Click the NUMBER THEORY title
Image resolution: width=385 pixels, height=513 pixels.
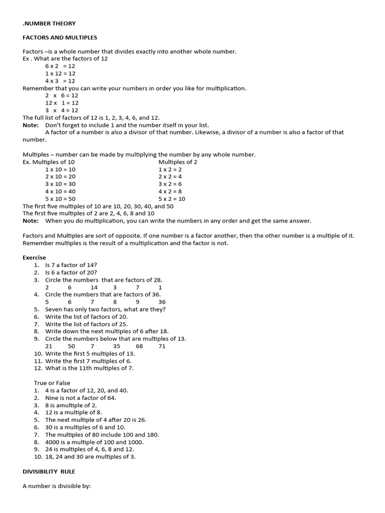pos(49,23)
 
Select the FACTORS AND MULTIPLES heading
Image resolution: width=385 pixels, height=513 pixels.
pos(60,38)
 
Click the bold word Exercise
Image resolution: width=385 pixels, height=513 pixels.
pos(34,258)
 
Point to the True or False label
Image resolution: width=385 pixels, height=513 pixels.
pos(52,383)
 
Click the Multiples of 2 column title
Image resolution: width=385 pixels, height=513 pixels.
pos(178,162)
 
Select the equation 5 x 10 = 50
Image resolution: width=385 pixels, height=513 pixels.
pos(60,198)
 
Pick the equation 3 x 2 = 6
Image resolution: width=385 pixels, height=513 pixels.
pos(170,184)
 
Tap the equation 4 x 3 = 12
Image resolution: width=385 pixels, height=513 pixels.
pos(60,81)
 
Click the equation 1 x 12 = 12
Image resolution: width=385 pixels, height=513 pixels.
pos(60,73)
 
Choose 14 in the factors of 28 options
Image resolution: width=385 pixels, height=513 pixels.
pos(94,287)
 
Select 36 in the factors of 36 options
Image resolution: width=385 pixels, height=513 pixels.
pos(162,302)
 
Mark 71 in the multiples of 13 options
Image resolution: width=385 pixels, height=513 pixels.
pos(162,346)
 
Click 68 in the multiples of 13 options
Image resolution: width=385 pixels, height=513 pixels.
pos(139,346)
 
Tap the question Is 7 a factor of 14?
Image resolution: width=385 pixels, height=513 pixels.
pos(71,265)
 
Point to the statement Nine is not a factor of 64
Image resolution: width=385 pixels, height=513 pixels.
pos(80,398)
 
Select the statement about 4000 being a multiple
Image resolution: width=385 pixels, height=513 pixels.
pos(94,442)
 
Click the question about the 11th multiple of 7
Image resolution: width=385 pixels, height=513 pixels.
pos(89,368)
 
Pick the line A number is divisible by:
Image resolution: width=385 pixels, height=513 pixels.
pos(57,486)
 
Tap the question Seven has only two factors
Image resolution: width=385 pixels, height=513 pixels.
pos(105,309)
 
